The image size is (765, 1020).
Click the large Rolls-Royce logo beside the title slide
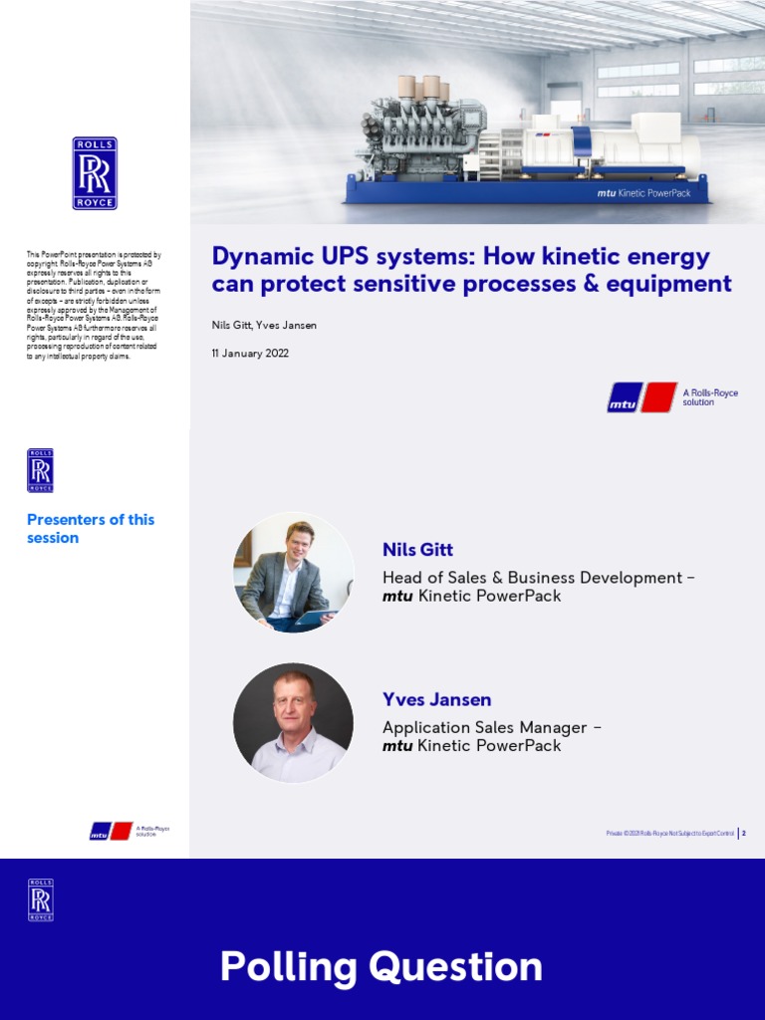point(95,173)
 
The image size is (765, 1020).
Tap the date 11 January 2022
point(250,354)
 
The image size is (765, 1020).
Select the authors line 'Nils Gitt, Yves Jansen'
point(264,326)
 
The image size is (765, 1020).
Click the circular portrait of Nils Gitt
point(293,573)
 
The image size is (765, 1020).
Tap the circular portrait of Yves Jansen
point(293,722)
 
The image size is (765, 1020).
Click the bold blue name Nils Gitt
point(417,550)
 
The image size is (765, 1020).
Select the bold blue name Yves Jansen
point(436,699)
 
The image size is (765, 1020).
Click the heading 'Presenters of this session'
point(90,529)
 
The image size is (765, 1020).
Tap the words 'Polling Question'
point(382,966)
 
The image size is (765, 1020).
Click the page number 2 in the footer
point(744,832)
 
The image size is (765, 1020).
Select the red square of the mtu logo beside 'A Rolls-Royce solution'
point(658,397)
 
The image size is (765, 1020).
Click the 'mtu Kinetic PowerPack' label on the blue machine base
point(643,193)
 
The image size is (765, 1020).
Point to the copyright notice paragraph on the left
point(94,306)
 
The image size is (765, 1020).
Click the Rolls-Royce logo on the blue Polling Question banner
point(41,899)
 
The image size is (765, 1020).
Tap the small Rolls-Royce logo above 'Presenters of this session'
point(41,470)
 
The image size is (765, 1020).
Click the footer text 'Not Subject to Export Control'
point(701,832)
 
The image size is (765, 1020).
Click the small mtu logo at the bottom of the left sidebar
point(111,831)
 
